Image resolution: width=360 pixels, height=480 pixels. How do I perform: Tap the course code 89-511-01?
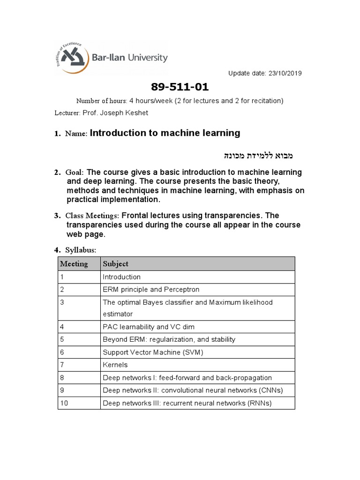click(x=180, y=88)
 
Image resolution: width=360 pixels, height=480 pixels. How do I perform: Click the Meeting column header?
click(x=74, y=264)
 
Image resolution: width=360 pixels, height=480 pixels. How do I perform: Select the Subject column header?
click(x=115, y=264)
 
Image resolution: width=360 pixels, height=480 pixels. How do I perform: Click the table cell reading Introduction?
click(x=121, y=277)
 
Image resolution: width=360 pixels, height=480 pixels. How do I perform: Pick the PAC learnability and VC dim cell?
click(x=148, y=327)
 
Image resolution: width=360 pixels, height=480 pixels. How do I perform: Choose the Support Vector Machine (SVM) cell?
click(x=153, y=352)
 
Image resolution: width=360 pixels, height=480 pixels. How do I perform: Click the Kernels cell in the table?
click(x=115, y=365)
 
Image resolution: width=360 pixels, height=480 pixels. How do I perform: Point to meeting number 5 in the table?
click(x=62, y=339)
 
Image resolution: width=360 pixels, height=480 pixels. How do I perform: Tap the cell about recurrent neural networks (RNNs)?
click(x=187, y=403)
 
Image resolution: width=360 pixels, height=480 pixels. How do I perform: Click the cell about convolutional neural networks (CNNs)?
click(x=193, y=390)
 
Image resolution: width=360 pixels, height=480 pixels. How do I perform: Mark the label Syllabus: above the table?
click(x=80, y=250)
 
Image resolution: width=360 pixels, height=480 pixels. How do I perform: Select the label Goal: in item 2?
click(x=75, y=172)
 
